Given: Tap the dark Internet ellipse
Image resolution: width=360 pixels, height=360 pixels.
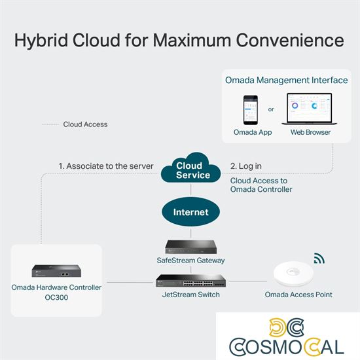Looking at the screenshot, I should coord(190,212).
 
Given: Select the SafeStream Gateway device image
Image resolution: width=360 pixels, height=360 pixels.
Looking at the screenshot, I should coord(190,247).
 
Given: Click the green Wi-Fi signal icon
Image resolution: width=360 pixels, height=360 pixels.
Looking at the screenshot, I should coord(319,258).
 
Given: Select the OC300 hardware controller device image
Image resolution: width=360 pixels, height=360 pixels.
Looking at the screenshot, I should coord(56,270).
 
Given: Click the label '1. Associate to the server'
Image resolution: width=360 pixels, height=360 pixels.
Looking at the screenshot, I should coord(105,166).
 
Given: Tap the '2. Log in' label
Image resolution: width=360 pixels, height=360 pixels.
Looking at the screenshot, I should coord(246,166).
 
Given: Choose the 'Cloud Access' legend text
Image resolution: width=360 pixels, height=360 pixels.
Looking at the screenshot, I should coord(85,124).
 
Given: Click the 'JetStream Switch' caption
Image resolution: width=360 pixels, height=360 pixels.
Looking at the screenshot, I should coord(190,295).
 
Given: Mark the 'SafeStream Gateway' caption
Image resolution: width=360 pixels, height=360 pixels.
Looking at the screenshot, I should coord(190,260).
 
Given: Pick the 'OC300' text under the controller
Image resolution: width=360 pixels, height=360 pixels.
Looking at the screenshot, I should coord(56,298).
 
